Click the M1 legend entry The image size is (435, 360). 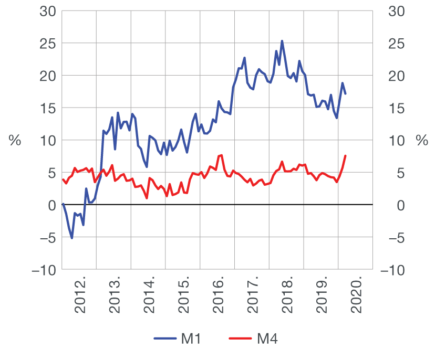tap(178, 339)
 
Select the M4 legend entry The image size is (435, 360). tap(254, 339)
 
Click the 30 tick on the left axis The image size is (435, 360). tap(47, 11)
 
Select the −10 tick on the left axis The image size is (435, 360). tap(44, 270)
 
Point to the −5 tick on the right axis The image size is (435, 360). tap(395, 237)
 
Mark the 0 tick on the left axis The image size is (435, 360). tap(51, 205)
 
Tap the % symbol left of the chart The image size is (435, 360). tap(15, 140)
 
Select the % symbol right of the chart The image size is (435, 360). tap(421, 140)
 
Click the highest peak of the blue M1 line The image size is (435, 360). tap(282, 41)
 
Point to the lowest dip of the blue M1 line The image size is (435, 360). tap(72, 238)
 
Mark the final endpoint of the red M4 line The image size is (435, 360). tap(345, 156)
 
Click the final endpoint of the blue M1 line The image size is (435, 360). tap(345, 93)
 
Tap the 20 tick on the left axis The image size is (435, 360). tap(47, 76)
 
